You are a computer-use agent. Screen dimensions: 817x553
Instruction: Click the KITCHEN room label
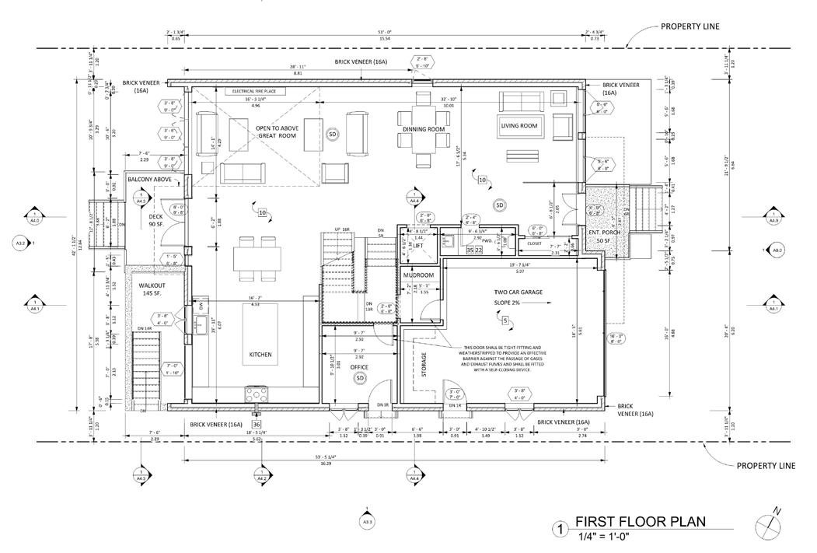coord(260,355)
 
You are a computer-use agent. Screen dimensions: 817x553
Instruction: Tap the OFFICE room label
coord(359,366)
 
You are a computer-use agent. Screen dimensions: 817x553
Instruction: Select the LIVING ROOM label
coord(519,126)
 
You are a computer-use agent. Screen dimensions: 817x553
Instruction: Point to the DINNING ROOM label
coord(424,129)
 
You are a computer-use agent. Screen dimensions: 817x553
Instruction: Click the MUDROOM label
coord(417,275)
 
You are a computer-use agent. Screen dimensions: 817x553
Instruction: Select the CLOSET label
coord(534,243)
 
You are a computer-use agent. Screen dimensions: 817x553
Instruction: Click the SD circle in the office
coord(360,378)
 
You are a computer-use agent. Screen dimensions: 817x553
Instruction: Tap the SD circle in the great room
coord(332,134)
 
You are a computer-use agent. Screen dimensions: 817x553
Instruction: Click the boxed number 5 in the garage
coord(505,320)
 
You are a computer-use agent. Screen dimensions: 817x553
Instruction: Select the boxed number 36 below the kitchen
coord(257,424)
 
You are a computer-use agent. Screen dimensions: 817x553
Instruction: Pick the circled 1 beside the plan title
coord(557,530)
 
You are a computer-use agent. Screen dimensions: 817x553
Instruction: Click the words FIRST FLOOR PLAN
coord(641,522)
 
